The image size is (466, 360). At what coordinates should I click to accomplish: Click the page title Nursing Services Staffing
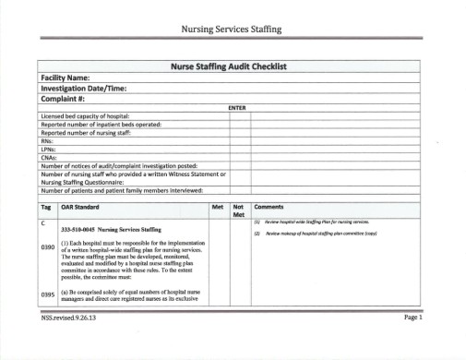point(233,30)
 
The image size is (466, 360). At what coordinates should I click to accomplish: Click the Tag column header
point(46,208)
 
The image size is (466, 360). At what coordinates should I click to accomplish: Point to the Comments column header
point(269,208)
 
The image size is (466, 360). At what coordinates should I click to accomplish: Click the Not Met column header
point(238,211)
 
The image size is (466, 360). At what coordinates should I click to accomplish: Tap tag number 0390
point(49,247)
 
